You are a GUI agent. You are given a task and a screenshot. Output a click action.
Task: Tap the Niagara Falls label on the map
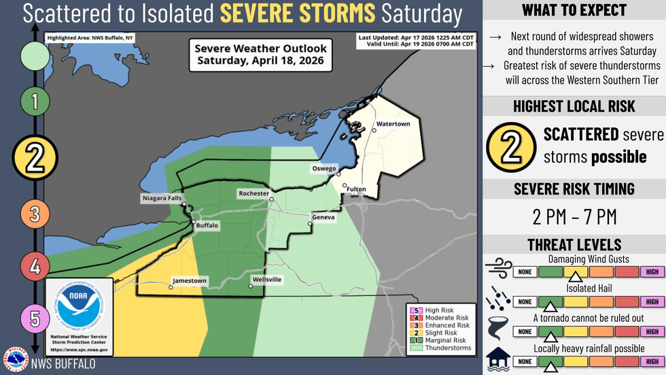[161, 199]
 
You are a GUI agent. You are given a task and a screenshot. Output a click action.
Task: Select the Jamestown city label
[190, 280]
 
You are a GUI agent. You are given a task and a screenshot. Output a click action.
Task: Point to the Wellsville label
[266, 280]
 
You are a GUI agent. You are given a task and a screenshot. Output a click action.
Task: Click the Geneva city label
[323, 217]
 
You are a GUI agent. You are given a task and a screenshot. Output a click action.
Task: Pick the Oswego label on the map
[325, 168]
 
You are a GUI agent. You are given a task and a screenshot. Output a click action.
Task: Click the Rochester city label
[253, 194]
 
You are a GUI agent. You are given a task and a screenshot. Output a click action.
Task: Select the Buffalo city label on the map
[207, 225]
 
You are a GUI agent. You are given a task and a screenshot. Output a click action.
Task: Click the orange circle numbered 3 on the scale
[35, 215]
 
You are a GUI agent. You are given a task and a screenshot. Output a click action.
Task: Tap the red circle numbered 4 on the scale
[35, 266]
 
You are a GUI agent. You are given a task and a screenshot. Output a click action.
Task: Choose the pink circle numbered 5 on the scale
[35, 317]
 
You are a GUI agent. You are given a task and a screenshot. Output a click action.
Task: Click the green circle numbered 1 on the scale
[35, 102]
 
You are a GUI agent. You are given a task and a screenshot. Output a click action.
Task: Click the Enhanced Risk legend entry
[446, 325]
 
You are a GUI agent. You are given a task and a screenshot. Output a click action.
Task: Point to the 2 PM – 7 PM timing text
[574, 217]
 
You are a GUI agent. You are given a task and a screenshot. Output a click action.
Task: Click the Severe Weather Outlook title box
[261, 54]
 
